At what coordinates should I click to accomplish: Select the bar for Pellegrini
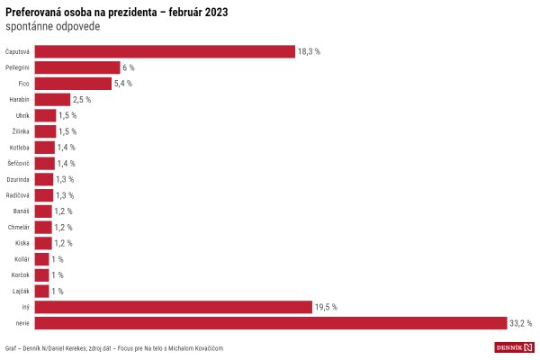pyautogui.click(x=77, y=67)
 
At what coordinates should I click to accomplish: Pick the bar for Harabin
pyautogui.click(x=52, y=99)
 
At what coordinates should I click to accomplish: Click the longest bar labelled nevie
pyautogui.click(x=271, y=323)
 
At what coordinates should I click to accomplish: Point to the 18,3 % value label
pyautogui.click(x=310, y=52)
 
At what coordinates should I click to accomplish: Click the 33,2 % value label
pyautogui.click(x=521, y=323)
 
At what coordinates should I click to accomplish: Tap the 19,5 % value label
pyautogui.click(x=326, y=307)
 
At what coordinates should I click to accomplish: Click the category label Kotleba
pyautogui.click(x=19, y=148)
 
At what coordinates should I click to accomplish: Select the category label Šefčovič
pyautogui.click(x=19, y=164)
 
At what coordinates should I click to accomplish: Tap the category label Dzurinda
pyautogui.click(x=18, y=179)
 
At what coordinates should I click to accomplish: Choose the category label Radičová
pyautogui.click(x=18, y=195)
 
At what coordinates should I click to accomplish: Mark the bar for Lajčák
pyautogui.click(x=41, y=291)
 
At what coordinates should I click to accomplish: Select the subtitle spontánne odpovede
pyautogui.click(x=53, y=26)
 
